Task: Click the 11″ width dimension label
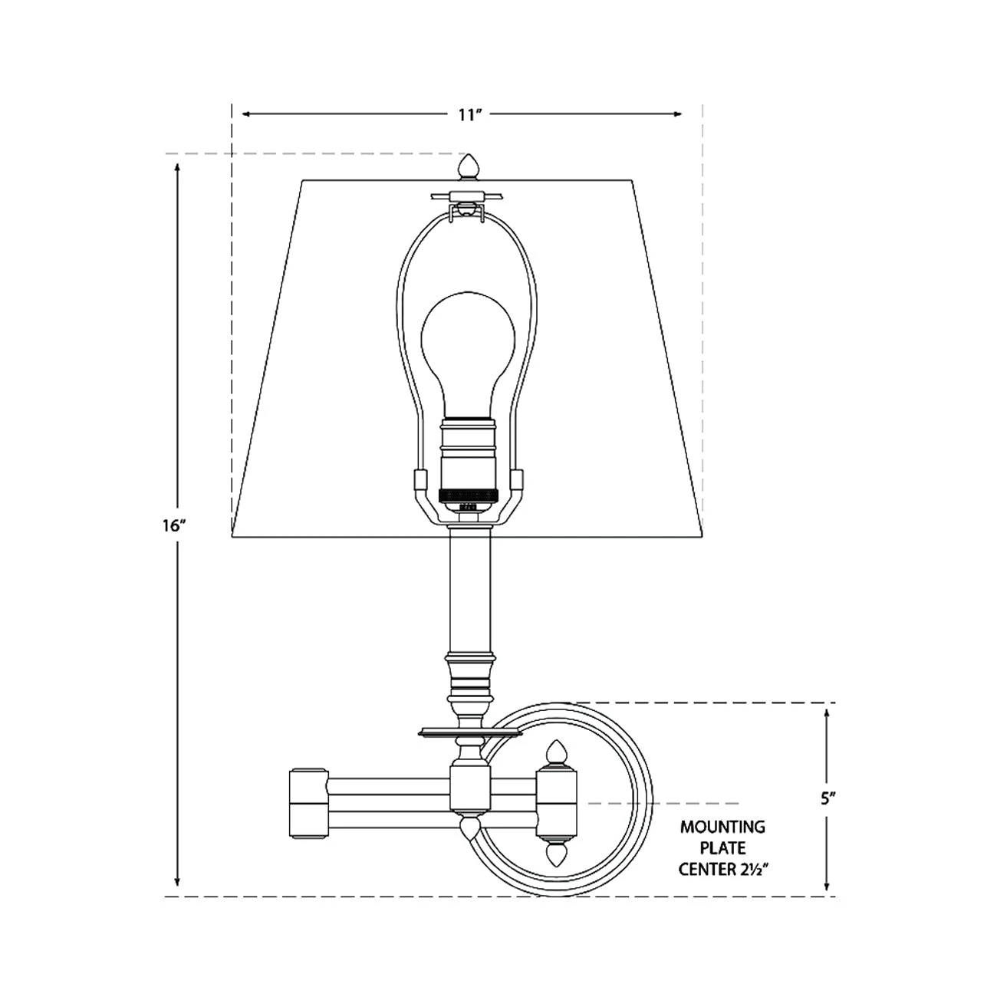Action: click(470, 115)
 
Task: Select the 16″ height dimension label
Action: click(174, 525)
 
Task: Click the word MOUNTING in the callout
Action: click(722, 826)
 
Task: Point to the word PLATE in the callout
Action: click(722, 847)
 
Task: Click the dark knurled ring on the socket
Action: click(469, 495)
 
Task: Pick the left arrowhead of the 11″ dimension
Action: click(247, 114)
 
